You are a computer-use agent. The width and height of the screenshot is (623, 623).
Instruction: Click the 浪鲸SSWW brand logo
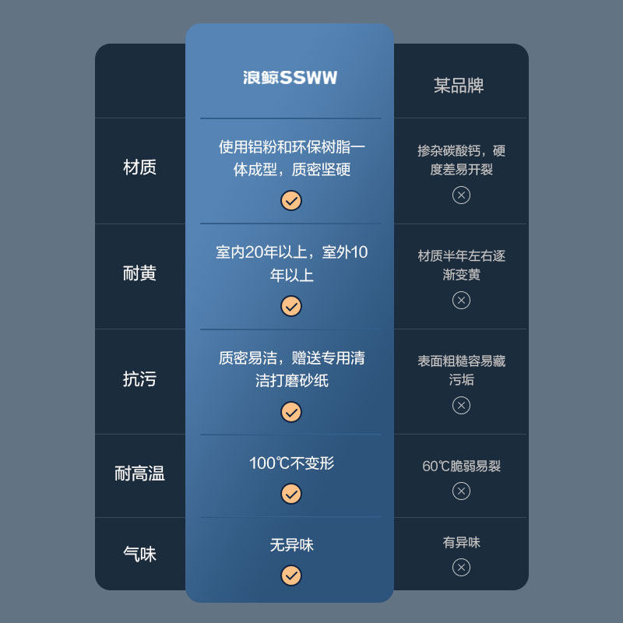click(290, 78)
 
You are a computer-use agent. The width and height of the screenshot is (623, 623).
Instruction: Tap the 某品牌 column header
click(459, 85)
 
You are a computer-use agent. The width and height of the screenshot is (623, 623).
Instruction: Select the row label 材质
click(139, 167)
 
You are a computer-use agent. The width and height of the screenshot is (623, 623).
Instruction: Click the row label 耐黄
click(139, 273)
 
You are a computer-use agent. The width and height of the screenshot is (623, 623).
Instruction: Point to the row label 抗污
click(139, 379)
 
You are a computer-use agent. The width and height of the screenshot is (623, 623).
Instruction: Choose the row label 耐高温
click(139, 473)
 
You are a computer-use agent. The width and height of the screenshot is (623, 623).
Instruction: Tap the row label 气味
click(139, 554)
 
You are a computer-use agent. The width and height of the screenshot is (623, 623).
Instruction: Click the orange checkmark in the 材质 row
click(291, 201)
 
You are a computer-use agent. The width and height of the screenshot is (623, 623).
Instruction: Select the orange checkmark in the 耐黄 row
click(291, 306)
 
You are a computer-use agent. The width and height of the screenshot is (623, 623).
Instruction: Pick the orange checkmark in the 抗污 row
click(291, 412)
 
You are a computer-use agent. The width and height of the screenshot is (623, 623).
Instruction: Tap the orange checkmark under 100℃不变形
click(291, 494)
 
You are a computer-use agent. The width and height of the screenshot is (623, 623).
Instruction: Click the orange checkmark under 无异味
click(291, 575)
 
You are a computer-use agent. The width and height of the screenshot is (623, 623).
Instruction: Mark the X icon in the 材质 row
click(461, 195)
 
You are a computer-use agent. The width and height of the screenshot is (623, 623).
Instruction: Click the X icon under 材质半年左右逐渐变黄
click(461, 300)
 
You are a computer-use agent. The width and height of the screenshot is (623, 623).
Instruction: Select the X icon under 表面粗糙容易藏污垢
click(461, 405)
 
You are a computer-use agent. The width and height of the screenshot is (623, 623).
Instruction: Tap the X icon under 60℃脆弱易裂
click(461, 491)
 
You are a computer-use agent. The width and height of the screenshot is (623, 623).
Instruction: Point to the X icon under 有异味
click(461, 567)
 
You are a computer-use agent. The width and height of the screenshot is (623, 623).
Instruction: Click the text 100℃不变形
click(291, 463)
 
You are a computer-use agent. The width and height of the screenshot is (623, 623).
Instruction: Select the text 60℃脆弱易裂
click(461, 466)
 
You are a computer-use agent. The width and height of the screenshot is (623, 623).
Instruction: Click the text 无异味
click(291, 545)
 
